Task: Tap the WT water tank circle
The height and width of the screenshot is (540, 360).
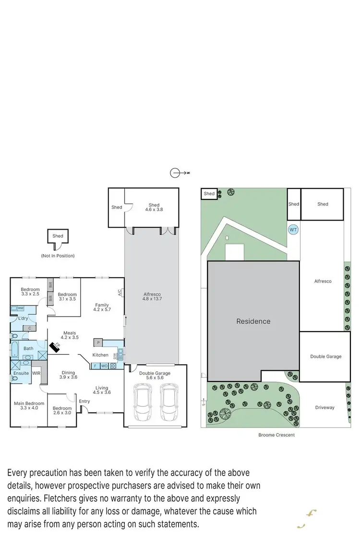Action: [x=293, y=230]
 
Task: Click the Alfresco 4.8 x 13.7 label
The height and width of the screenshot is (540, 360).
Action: [x=152, y=296]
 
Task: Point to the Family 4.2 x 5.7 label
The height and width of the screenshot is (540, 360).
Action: [x=102, y=307]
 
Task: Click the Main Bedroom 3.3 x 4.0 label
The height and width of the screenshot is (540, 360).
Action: [x=28, y=406]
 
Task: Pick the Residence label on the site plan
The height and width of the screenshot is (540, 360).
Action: [x=253, y=321]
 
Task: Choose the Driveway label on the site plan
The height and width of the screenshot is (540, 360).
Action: [x=324, y=407]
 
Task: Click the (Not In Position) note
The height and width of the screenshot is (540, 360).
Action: [x=58, y=256]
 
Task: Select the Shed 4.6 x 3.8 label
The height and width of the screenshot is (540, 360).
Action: [x=154, y=208]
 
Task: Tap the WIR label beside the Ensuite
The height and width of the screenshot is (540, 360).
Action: [x=36, y=373]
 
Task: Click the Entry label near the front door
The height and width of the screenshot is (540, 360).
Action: [x=84, y=401]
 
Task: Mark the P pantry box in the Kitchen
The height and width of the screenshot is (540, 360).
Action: [x=98, y=343]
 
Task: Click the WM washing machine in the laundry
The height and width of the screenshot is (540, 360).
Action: [x=21, y=308]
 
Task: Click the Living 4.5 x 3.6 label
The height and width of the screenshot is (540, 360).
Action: [x=102, y=390]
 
